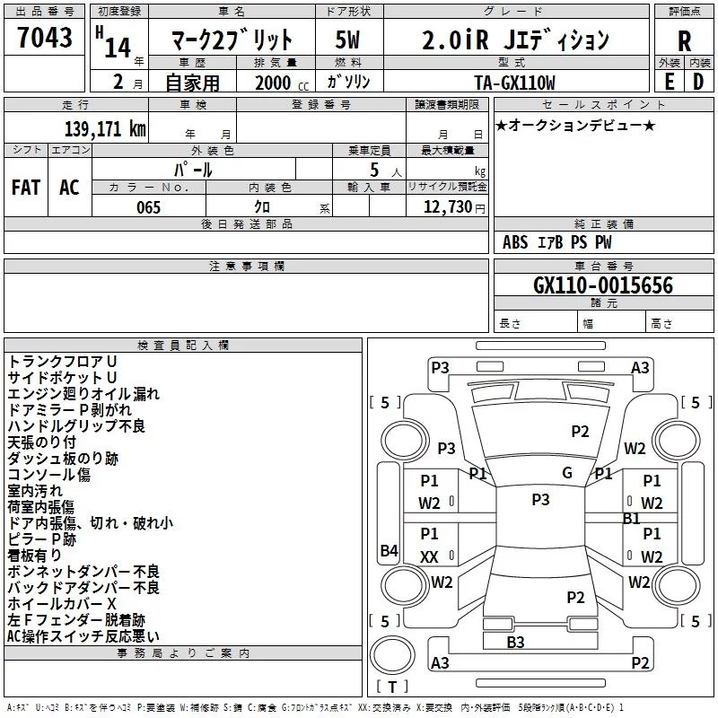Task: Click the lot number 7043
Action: tap(44, 38)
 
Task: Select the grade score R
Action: tap(684, 41)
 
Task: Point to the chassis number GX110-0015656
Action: tap(603, 286)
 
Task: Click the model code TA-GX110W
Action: tap(515, 83)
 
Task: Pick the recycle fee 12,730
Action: tap(446, 207)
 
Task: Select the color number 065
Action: tap(148, 207)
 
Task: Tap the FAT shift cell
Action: tap(26, 188)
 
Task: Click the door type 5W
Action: tap(349, 40)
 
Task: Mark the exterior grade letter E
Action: tap(670, 82)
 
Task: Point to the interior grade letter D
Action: tap(698, 82)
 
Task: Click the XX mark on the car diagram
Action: tap(429, 557)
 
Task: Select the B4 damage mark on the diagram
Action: tap(389, 551)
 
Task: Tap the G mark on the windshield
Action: tap(567, 473)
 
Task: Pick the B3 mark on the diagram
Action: tap(515, 642)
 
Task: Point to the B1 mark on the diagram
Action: tap(632, 518)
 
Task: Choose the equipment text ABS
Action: tap(515, 242)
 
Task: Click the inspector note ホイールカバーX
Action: tap(62, 604)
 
